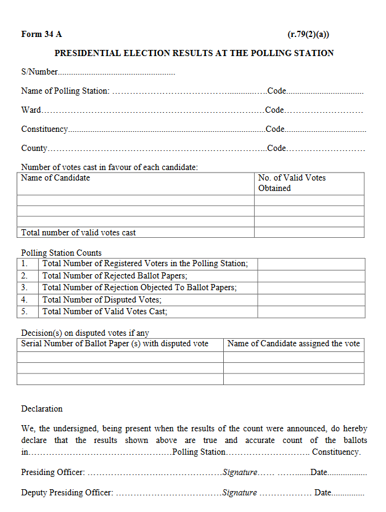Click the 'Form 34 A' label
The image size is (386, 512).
[x=41, y=35]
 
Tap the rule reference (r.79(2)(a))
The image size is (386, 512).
[x=312, y=35]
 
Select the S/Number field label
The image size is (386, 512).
[x=39, y=72]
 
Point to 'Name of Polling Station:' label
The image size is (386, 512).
[x=65, y=91]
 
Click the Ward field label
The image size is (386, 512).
[x=31, y=110]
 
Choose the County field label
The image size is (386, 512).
[x=34, y=148]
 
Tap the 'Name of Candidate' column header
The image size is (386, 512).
[x=55, y=178]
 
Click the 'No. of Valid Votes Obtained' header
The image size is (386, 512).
[x=292, y=183]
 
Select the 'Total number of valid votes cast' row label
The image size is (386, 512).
[x=78, y=232]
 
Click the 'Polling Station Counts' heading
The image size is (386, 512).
[x=61, y=253]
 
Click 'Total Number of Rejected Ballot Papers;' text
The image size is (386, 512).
[x=115, y=275]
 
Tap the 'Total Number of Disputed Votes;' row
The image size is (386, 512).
[x=102, y=299]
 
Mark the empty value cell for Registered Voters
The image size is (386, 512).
[x=310, y=264]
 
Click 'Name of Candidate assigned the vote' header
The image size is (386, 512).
[x=294, y=343]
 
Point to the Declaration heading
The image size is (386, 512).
[x=42, y=408]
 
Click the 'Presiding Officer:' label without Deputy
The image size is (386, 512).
[x=53, y=472]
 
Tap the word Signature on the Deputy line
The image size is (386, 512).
[x=239, y=492]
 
